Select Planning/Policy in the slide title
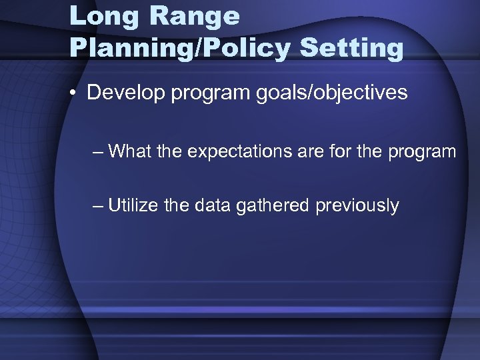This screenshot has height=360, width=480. pos(179,48)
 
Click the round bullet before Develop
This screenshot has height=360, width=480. pos(76,93)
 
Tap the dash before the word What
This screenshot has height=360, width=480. pos(99,152)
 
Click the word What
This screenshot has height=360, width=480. pos(130,151)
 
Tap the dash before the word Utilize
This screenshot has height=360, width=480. pos(99,205)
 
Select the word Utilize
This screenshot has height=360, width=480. pos(131,205)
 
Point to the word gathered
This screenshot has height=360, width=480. pos(273,205)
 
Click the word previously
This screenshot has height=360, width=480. pos(357,205)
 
